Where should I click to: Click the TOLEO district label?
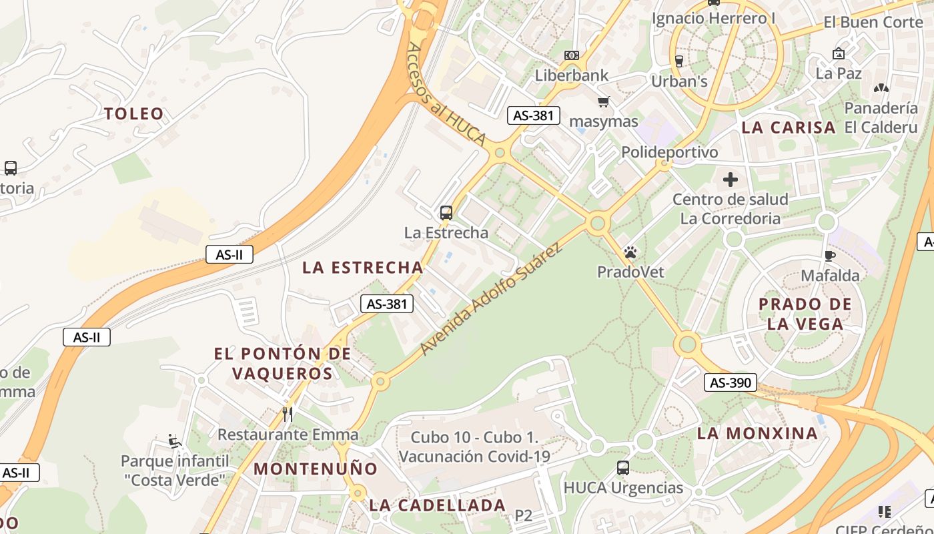click(x=134, y=113)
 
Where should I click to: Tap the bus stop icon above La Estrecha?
click(x=446, y=213)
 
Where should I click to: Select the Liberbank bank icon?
click(x=571, y=55)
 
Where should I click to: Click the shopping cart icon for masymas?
click(x=604, y=101)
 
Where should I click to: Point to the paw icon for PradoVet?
click(x=630, y=252)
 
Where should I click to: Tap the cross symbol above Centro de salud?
click(x=731, y=179)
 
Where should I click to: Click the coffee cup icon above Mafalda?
click(x=830, y=256)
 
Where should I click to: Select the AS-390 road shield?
click(x=731, y=382)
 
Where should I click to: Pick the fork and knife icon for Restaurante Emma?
click(x=288, y=415)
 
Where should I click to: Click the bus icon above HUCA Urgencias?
click(x=623, y=468)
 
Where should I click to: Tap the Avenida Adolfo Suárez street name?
click(x=491, y=299)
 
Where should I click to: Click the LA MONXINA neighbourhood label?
click(x=757, y=433)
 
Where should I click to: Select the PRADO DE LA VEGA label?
click(x=805, y=314)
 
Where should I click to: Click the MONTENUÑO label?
click(x=316, y=469)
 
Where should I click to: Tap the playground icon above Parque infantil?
click(x=175, y=441)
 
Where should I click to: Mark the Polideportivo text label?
click(x=669, y=152)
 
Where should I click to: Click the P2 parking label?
click(x=524, y=515)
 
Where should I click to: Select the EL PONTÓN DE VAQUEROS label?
click(x=282, y=363)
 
